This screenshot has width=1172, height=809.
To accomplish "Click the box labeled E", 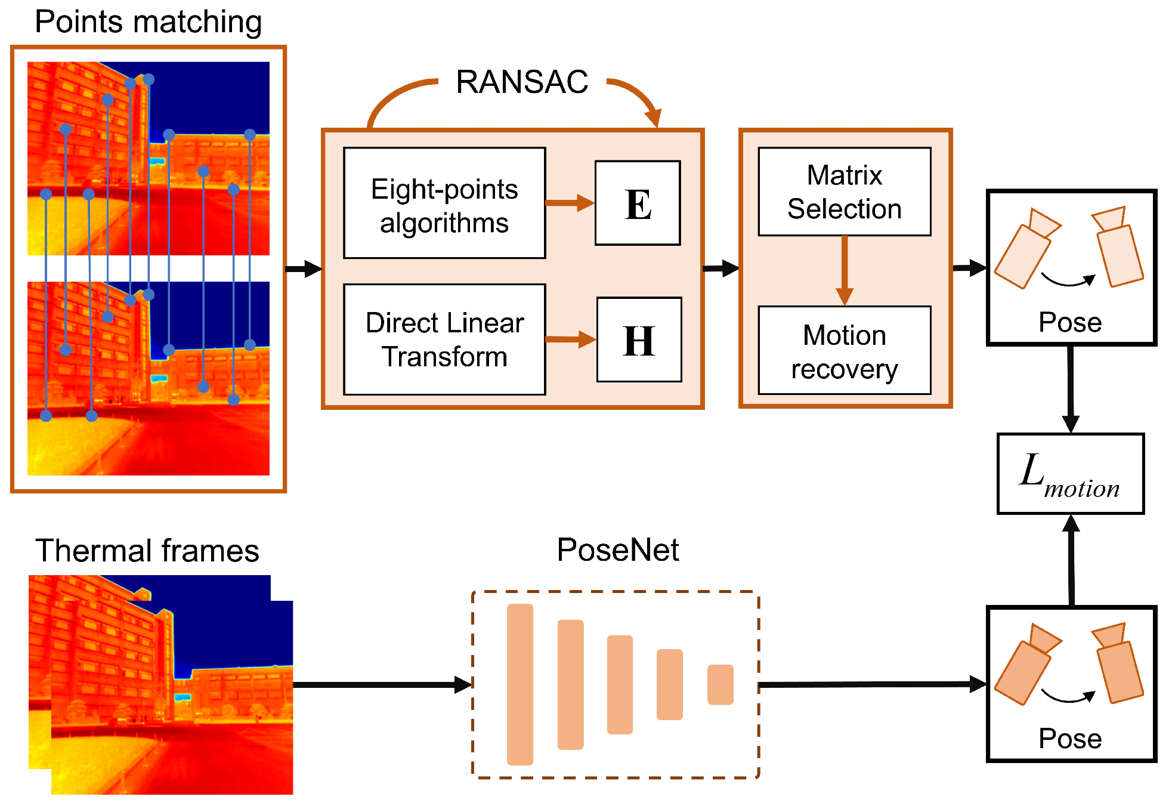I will pos(638,203).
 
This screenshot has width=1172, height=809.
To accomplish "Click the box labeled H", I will pos(639,339).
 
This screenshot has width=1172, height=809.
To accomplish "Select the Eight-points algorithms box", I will pos(444,203).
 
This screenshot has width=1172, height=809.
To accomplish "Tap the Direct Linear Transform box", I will pos(444,339).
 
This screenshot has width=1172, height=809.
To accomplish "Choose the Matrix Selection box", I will pos(844,192).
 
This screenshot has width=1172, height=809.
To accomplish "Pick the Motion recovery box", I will pos(844,351).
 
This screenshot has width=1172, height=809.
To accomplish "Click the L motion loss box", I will pos(1071,474).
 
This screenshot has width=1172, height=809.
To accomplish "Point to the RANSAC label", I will pos(522,82).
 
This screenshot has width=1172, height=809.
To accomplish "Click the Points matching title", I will pos(148,22).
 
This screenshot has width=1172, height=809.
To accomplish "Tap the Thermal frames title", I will pos(147,550).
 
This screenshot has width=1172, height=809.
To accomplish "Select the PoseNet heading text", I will pos(617,549).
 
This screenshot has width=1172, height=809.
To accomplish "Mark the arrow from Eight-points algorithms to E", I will pos(570,203).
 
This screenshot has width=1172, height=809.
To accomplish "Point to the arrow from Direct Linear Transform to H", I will pos(571,339).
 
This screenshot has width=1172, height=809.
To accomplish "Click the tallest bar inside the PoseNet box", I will pos(519,684).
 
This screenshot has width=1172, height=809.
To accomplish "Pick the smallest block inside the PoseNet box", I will pos(720,684).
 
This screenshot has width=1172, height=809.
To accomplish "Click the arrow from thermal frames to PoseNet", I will pos(382,684).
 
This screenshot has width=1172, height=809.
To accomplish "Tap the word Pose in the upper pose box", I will pos(1070,322).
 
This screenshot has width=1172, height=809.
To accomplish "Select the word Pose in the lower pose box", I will pos(1070,739).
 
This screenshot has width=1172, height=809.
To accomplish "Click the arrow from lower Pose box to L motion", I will pos(1071,561).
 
